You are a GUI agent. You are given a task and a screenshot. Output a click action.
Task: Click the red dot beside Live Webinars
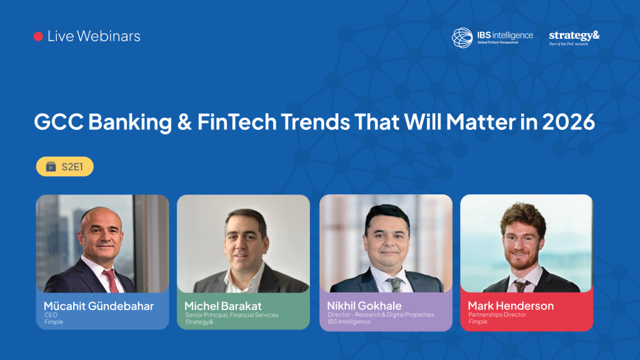tap(38, 37)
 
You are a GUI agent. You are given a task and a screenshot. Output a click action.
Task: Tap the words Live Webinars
tap(94, 36)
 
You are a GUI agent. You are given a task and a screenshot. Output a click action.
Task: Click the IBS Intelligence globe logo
tap(462, 37)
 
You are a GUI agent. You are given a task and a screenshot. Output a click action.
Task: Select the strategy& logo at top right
tap(574, 36)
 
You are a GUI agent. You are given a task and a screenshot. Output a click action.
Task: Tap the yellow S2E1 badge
tap(65, 166)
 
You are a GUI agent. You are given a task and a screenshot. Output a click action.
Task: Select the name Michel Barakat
tap(223, 306)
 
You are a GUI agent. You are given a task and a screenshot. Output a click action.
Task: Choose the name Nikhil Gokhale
tap(364, 306)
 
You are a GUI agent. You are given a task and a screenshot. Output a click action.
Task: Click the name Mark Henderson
tap(511, 306)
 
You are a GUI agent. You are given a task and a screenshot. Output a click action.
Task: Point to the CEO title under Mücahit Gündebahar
tap(51, 315)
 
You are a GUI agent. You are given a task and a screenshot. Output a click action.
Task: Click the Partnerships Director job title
tap(497, 315)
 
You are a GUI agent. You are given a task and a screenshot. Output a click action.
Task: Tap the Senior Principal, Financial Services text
tap(231, 315)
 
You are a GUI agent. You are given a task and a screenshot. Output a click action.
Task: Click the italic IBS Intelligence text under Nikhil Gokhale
tap(349, 322)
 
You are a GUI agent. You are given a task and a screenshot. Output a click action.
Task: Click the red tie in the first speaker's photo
tap(113, 281)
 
